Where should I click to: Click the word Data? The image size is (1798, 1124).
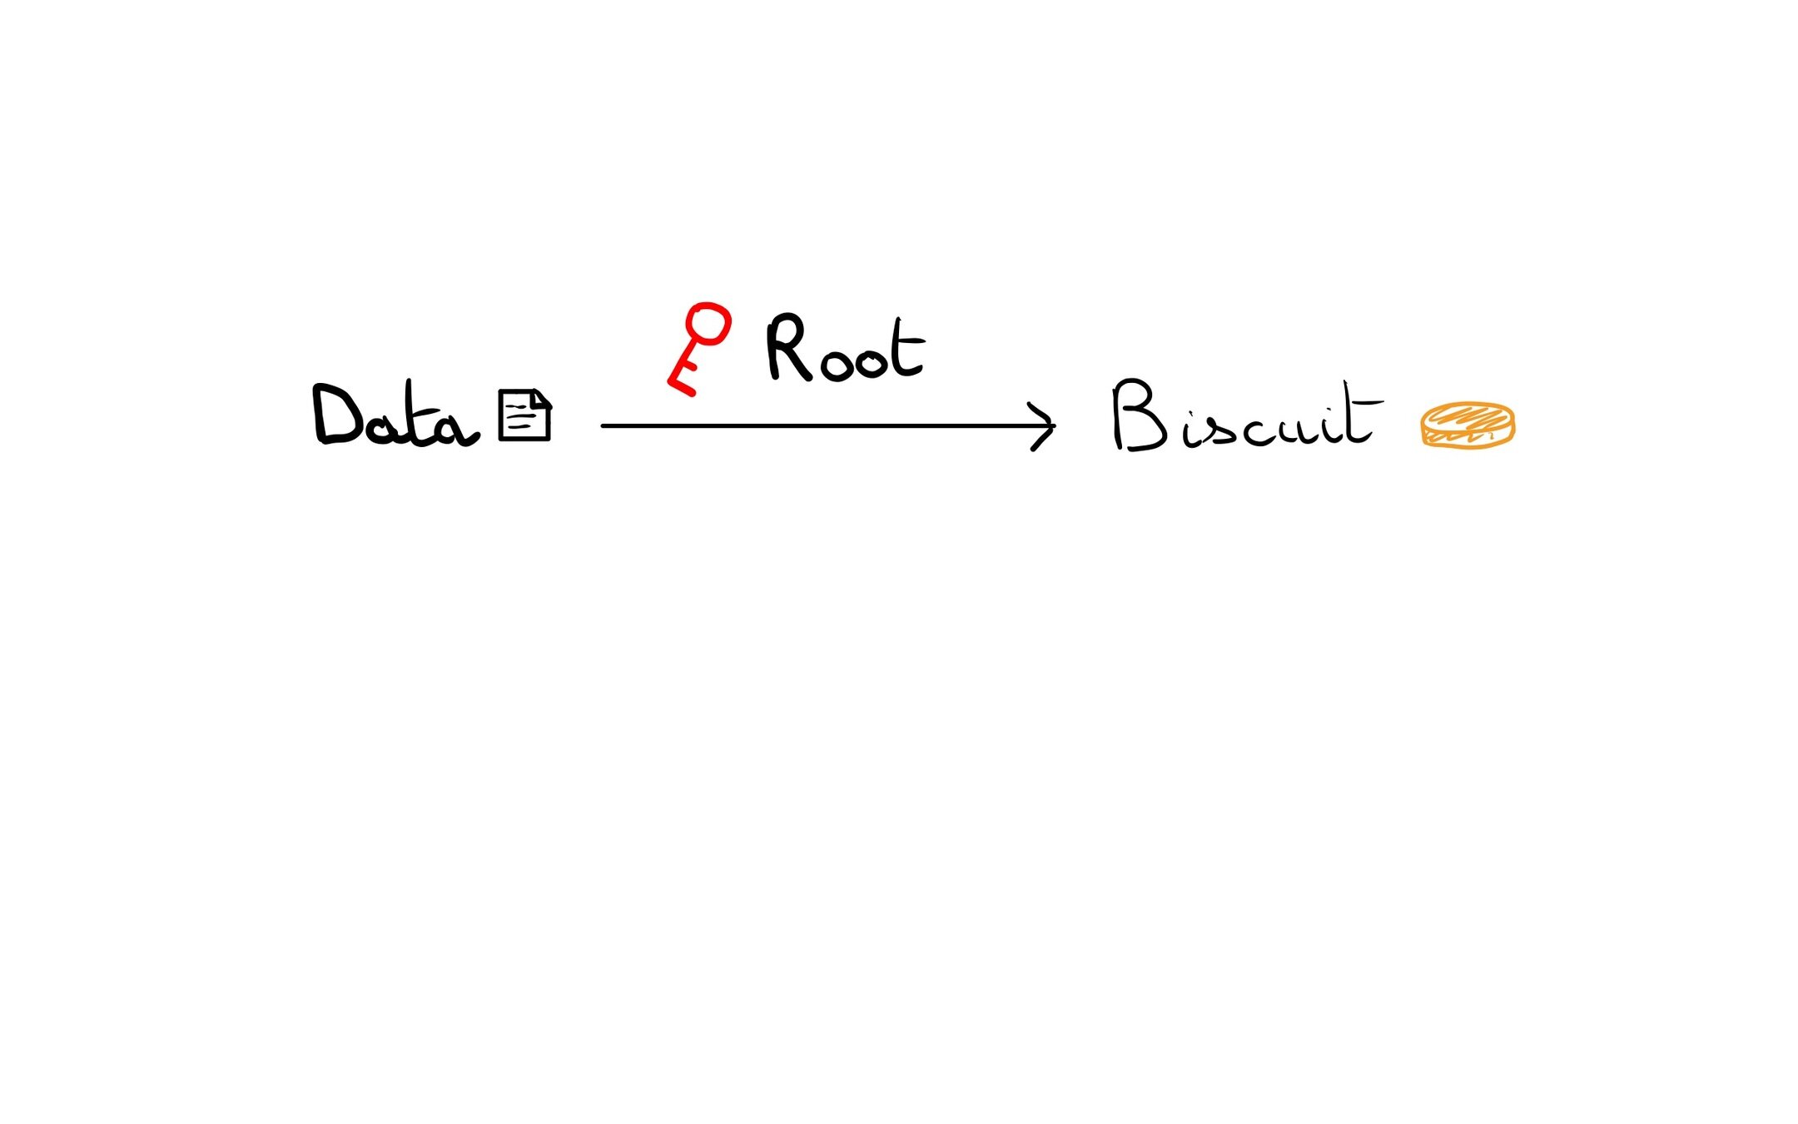click(x=395, y=416)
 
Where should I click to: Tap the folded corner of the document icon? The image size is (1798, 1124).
click(x=541, y=397)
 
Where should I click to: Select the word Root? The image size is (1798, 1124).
click(x=845, y=350)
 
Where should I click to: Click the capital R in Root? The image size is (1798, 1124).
click(x=786, y=348)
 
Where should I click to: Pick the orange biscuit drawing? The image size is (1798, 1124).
click(x=1468, y=425)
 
